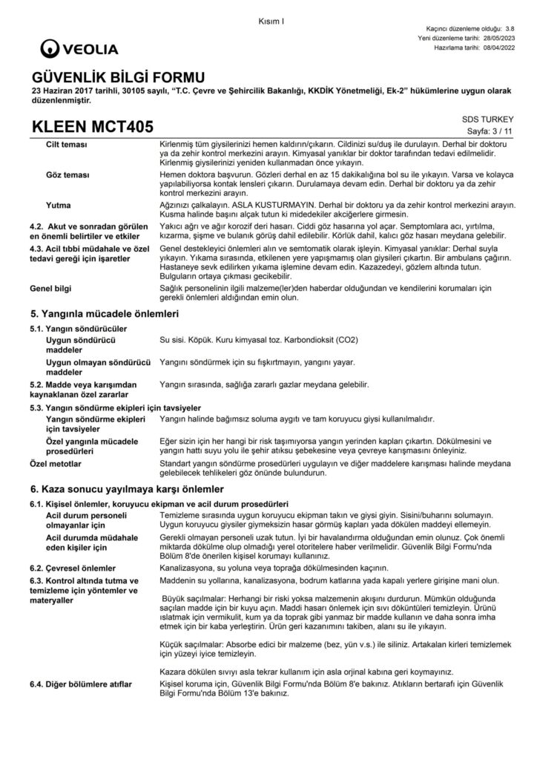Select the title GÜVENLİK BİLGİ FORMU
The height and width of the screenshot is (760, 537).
[116, 76]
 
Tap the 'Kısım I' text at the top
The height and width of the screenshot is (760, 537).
[272, 20]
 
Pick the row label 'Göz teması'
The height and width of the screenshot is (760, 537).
[67, 174]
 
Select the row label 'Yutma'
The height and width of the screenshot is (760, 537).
[58, 203]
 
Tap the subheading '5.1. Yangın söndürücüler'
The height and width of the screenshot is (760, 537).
[78, 328]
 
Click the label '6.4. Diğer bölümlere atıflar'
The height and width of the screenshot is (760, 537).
[81, 682]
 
